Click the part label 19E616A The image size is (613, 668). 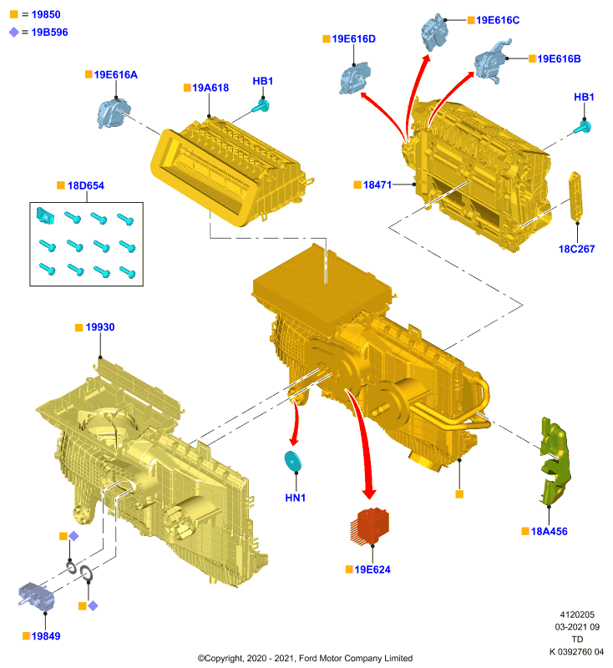[115, 75]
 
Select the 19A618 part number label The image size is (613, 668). [210, 88]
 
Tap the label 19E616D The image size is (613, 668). [353, 39]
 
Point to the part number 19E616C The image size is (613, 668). [498, 20]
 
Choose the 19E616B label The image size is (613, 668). [559, 58]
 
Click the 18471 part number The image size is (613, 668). [377, 185]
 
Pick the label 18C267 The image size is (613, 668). [576, 249]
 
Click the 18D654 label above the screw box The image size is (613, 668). [86, 185]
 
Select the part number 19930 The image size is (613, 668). [99, 327]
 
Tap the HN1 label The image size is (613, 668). [295, 498]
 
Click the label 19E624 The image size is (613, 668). [372, 569]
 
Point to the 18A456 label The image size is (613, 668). [549, 531]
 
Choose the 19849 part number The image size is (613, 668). [46, 636]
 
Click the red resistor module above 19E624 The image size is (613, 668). [370, 526]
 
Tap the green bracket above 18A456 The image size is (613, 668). [555, 462]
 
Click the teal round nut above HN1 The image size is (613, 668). [292, 462]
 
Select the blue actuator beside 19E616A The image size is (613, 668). [113, 113]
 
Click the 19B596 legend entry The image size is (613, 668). [49, 33]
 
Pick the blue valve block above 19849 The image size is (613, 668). [37, 596]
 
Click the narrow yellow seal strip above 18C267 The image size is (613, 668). [575, 196]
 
